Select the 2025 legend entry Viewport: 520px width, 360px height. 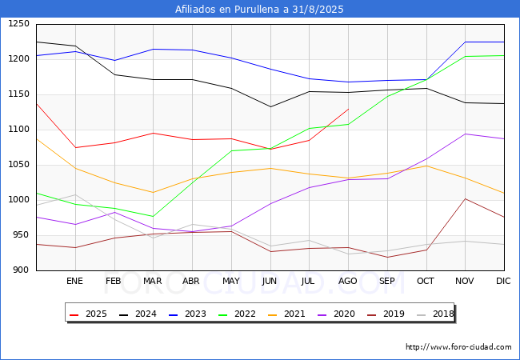pyautogui.click(x=88, y=314)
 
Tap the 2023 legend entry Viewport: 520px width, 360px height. pyautogui.click(x=187, y=314)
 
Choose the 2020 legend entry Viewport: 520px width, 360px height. pyautogui.click(x=336, y=314)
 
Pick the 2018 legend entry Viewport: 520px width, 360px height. pyautogui.click(x=435, y=314)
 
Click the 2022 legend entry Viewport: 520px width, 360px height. pyautogui.click(x=237, y=314)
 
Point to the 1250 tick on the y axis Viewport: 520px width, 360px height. pyautogui.click(x=19, y=24)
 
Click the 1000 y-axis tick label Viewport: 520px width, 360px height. pyautogui.click(x=19, y=200)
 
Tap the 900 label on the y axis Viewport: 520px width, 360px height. pyautogui.click(x=22, y=270)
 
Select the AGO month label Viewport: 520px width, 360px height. pyautogui.click(x=347, y=281)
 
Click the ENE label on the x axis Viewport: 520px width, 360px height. pyautogui.click(x=74, y=281)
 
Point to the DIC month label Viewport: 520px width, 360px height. pyautogui.click(x=503, y=281)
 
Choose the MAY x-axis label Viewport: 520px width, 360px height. pyautogui.click(x=231, y=281)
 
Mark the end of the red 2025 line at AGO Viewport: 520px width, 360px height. pyautogui.click(x=348, y=109)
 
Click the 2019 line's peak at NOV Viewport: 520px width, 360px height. pyautogui.click(x=466, y=199)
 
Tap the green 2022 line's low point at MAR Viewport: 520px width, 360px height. pyautogui.click(x=153, y=217)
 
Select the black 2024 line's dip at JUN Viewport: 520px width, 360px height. pyautogui.click(x=270, y=106)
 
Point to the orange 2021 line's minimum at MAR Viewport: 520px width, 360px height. pyautogui.click(x=153, y=193)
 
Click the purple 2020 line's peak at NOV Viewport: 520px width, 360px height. pyautogui.click(x=466, y=134)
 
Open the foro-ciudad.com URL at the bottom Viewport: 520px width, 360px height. pyautogui.click(x=458, y=347)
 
